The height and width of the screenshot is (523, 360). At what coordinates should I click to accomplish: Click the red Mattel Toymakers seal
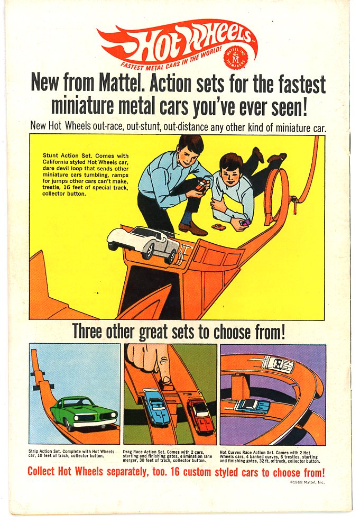click(x=236, y=57)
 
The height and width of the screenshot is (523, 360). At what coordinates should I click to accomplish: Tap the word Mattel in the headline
click(x=122, y=84)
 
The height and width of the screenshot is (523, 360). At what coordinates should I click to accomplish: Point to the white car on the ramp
click(x=144, y=243)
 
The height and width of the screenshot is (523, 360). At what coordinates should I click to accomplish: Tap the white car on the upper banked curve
click(x=277, y=364)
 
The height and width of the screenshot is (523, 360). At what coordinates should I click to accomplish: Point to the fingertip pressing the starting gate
click(x=167, y=380)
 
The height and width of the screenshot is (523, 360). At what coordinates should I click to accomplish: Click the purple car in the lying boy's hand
click(x=245, y=223)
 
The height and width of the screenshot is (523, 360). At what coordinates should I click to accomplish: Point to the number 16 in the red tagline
click(x=176, y=472)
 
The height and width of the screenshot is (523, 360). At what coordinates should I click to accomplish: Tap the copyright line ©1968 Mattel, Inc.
click(x=307, y=482)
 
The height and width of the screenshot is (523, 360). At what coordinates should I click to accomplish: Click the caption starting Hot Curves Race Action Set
click(x=270, y=456)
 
